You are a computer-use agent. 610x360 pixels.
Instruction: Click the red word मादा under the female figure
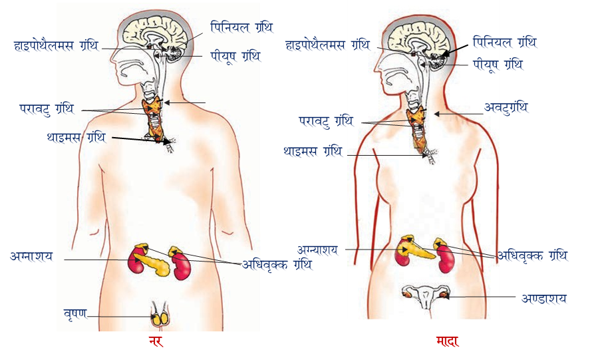click(448, 342)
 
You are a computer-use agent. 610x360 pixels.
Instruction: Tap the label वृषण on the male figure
click(75, 313)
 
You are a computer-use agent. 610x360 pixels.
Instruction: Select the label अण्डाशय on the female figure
click(544, 298)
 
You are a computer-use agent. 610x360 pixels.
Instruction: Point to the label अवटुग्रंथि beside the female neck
click(506, 108)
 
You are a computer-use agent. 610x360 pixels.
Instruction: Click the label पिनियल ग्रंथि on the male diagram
click(241, 28)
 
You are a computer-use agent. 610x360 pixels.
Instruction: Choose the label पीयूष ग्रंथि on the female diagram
click(498, 65)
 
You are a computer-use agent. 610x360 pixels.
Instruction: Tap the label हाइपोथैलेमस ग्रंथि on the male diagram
click(56, 45)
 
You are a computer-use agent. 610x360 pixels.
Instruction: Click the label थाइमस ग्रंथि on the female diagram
click(313, 152)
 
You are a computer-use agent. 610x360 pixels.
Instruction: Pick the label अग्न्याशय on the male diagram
click(32, 256)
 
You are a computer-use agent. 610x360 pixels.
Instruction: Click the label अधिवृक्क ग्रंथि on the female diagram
click(533, 256)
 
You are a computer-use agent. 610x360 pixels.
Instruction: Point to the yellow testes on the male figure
click(159, 318)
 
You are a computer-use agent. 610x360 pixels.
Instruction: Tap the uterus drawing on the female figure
click(424, 295)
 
